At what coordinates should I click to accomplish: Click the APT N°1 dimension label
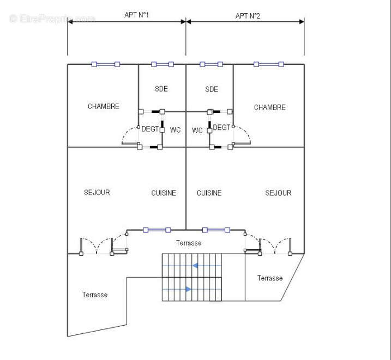point(137,15)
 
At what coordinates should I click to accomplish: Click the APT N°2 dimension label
point(248,16)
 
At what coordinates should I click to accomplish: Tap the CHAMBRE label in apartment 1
point(104,106)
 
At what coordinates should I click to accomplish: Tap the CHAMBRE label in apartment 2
point(269,107)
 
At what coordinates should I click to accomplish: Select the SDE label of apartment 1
point(161,89)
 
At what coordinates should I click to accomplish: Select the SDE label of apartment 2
point(212,89)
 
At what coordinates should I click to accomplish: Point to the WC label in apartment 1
point(175,130)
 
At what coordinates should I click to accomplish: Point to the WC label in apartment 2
point(197,130)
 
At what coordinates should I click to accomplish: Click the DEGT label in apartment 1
point(150,129)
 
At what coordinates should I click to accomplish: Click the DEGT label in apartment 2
point(221,127)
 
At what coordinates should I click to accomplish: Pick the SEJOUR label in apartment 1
point(97,193)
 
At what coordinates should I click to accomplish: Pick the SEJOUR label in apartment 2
point(278,193)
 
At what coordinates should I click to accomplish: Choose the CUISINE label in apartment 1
point(164,193)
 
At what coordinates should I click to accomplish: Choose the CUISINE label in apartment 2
point(209,193)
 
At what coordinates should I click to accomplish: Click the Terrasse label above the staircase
point(189,243)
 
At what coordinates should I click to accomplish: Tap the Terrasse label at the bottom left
point(95,295)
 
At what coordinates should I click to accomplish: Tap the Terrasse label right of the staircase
point(270,278)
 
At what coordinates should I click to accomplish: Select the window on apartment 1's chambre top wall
point(105,64)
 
